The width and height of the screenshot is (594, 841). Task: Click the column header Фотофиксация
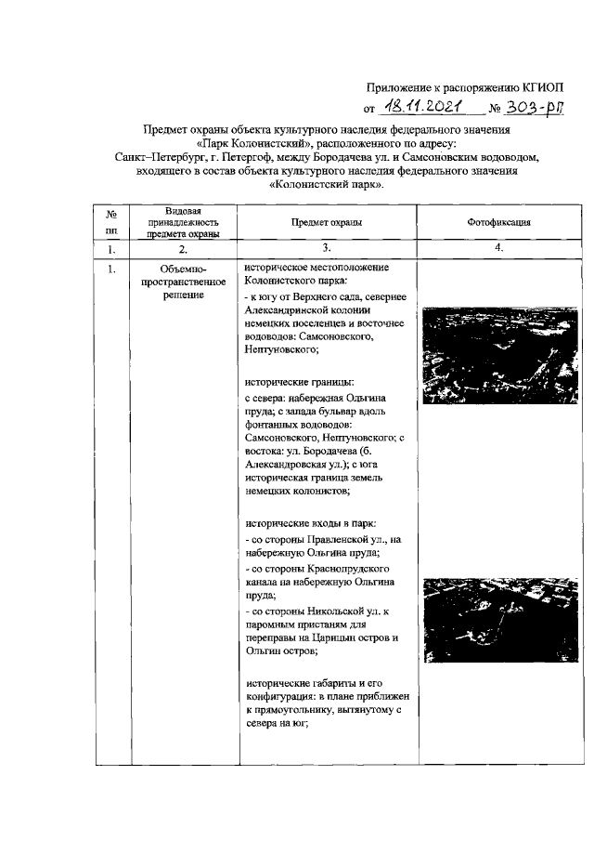498,223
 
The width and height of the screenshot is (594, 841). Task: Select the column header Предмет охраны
326,223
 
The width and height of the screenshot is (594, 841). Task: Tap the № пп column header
111,223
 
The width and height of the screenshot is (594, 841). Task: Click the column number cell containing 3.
326,248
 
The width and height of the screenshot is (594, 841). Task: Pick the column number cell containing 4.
498,248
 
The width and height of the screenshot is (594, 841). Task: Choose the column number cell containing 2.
182,249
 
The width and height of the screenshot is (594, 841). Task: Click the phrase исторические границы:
292,381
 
